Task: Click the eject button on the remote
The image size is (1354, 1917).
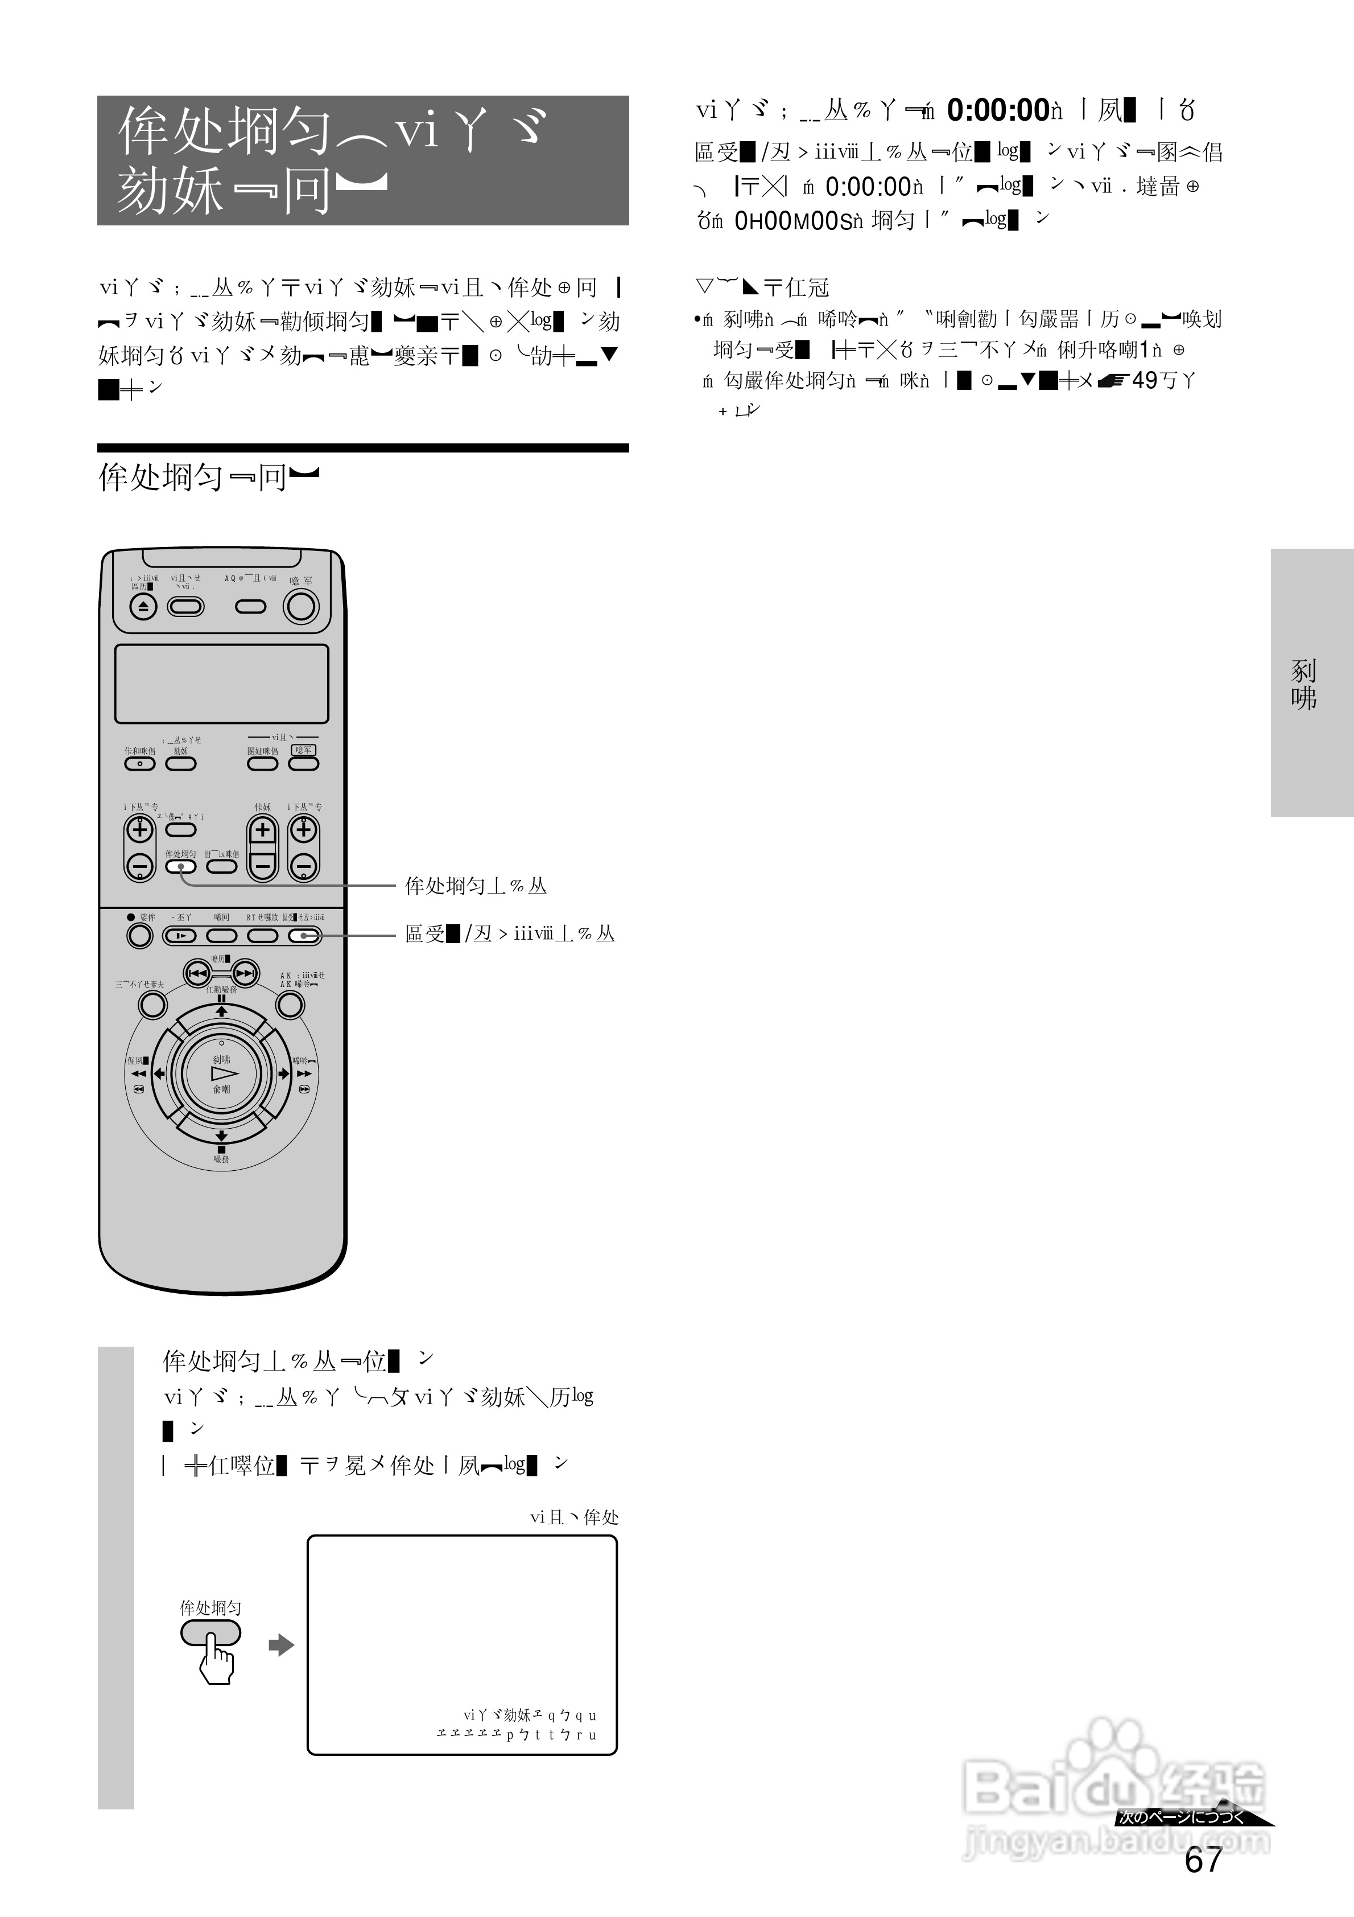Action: click(143, 607)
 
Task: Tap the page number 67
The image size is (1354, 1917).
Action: click(1203, 1860)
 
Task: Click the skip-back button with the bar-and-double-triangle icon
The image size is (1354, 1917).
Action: click(198, 973)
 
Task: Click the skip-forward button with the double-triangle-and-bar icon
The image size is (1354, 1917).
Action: click(245, 973)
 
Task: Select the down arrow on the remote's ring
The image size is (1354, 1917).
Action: click(221, 1136)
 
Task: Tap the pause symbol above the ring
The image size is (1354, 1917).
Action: click(221, 998)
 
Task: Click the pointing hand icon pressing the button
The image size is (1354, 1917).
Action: click(216, 1661)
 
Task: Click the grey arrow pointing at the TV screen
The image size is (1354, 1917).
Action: click(281, 1646)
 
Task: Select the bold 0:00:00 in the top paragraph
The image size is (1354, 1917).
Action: click(997, 109)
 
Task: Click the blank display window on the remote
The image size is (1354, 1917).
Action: click(221, 683)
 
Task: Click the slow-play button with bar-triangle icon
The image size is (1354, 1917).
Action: click(180, 936)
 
